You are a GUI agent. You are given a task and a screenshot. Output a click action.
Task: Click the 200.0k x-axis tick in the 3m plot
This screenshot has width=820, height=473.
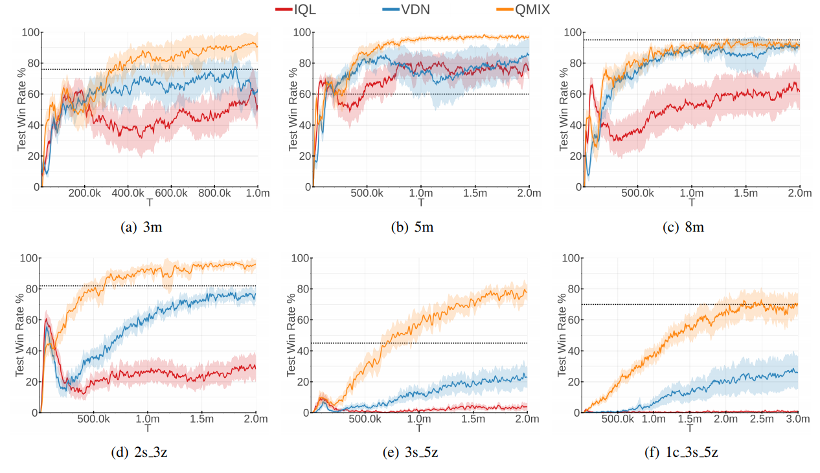84,193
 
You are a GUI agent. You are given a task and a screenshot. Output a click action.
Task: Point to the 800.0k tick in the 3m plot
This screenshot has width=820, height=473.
214,193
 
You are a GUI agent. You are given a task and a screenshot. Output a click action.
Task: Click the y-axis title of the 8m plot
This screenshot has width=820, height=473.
564,109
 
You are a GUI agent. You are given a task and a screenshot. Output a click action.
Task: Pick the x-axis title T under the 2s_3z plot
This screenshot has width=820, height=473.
149,428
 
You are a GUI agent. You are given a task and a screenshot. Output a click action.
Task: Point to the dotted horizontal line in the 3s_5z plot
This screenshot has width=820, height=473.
421,343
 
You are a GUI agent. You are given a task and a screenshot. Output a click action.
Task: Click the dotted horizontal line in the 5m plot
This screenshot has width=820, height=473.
421,94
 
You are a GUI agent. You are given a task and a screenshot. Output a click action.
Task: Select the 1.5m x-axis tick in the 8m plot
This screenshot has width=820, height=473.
746,193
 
